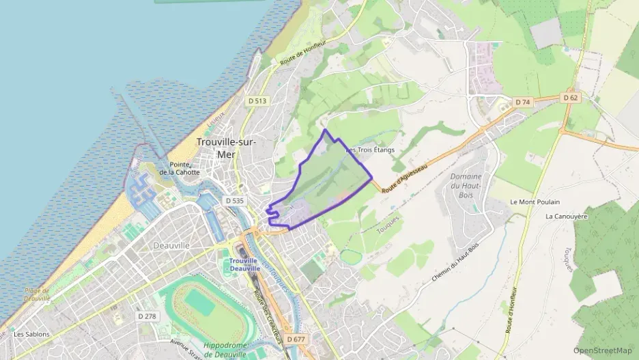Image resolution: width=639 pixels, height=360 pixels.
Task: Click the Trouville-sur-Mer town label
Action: tap(226, 148)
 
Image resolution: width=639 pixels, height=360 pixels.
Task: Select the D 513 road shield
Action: tap(257, 100)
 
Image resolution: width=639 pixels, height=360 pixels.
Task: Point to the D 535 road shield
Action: tap(234, 201)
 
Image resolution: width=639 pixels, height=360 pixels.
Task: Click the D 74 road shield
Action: tap(522, 102)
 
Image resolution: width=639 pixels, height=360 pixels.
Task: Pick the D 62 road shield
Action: tap(571, 98)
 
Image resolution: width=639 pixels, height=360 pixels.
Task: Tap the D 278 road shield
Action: tap(147, 316)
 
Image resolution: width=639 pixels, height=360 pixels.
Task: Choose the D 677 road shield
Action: tap(296, 339)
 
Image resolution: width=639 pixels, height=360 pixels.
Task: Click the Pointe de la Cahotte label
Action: tap(180, 168)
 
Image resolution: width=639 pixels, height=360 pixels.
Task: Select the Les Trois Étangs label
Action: tap(371, 150)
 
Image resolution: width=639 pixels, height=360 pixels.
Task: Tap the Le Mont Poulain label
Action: tap(535, 202)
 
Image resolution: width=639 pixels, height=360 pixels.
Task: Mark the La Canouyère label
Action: tap(566, 216)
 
